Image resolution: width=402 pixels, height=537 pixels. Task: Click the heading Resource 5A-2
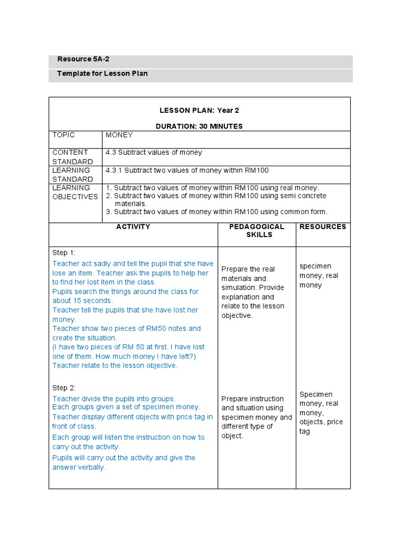[83, 59]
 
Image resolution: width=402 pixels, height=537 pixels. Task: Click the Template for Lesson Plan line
[103, 73]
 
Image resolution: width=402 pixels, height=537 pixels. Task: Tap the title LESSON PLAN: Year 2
[199, 111]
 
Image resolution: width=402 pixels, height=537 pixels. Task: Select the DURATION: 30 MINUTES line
[199, 126]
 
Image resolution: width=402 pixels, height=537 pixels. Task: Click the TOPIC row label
[64, 135]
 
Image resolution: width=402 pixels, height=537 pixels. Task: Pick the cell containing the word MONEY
[119, 135]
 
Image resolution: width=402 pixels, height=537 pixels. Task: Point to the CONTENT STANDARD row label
[72, 157]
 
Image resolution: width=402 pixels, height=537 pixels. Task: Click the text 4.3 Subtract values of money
[154, 153]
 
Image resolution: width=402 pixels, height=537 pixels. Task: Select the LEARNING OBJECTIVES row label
[75, 192]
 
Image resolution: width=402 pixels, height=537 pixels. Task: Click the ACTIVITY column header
[133, 227]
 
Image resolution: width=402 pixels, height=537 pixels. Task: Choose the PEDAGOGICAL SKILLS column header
[256, 231]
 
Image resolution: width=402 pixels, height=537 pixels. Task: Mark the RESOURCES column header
[322, 227]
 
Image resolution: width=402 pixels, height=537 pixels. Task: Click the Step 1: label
[64, 253]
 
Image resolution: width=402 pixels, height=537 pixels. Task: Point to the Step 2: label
[64, 388]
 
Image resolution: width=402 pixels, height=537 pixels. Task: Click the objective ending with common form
[217, 212]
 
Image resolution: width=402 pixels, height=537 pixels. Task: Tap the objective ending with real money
[213, 188]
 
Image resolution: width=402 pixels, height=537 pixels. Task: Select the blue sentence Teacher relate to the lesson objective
[115, 366]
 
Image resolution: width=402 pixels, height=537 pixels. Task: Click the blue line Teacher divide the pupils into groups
[114, 399]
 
